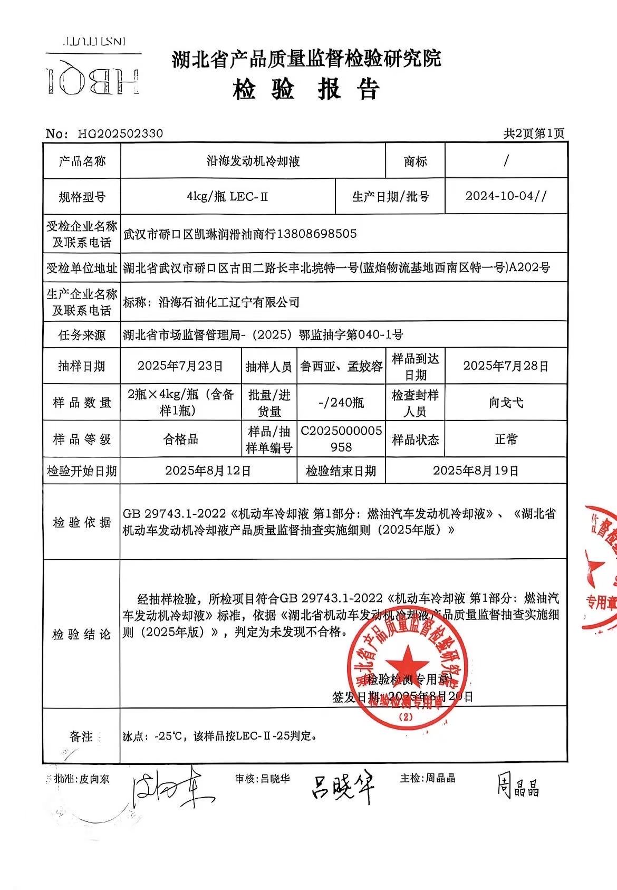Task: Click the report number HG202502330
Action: (x=121, y=133)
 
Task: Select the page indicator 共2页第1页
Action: (x=533, y=133)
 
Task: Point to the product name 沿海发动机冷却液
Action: (x=253, y=161)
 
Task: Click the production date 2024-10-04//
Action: (x=506, y=196)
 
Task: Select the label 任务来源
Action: (x=82, y=334)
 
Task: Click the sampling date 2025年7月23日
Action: (x=180, y=366)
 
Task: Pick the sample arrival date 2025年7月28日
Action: (x=506, y=366)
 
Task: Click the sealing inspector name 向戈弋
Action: (x=506, y=403)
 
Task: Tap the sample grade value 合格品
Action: (x=180, y=439)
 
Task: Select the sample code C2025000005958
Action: (x=341, y=439)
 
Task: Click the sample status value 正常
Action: (x=506, y=439)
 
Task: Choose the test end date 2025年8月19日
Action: (x=476, y=471)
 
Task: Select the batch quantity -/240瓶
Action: (x=341, y=403)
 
